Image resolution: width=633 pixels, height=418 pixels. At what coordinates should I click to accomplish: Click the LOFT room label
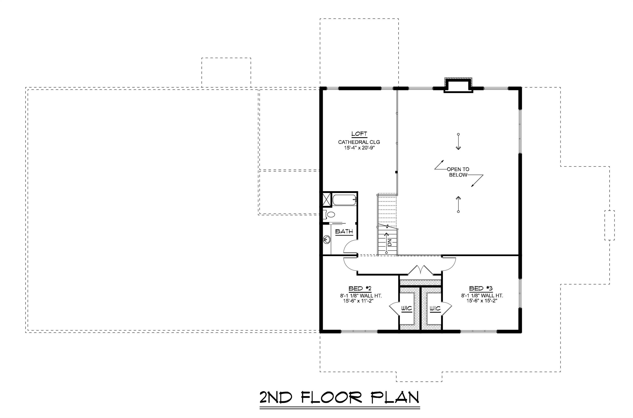click(359, 134)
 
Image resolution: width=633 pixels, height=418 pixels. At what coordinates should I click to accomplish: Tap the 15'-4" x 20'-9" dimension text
click(359, 147)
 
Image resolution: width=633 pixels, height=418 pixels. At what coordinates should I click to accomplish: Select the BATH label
click(344, 231)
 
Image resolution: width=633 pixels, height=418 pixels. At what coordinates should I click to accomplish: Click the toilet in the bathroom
click(330, 214)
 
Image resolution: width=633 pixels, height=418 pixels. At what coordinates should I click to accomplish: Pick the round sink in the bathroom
click(327, 239)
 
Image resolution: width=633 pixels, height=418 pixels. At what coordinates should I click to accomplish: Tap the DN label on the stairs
click(390, 242)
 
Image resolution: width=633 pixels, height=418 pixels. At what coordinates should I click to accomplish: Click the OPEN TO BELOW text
click(458, 172)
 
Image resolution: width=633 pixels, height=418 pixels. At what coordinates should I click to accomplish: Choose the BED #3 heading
click(481, 289)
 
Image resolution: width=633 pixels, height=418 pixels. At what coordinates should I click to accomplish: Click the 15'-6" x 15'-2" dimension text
click(482, 301)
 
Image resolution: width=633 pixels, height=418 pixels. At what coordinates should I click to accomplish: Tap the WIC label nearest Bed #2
click(407, 308)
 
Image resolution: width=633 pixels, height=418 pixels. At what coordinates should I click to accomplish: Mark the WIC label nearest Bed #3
click(435, 308)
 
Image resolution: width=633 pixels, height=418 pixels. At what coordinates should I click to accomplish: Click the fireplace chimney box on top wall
click(458, 85)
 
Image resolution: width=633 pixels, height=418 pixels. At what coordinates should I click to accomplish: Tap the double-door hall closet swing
click(421, 270)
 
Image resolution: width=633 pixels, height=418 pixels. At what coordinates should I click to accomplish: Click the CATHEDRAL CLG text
click(359, 142)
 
